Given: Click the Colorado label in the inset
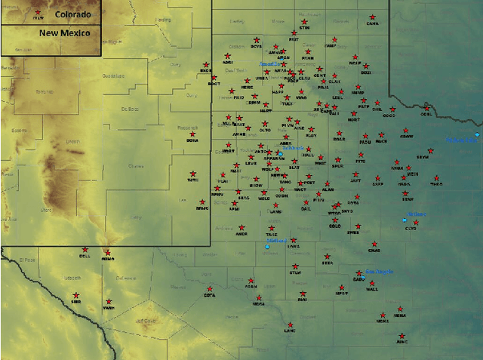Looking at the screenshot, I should point(72,14).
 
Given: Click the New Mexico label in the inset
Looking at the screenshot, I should point(66,33).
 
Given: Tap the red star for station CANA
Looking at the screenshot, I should point(373,17).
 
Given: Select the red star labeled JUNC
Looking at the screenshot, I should point(401,336).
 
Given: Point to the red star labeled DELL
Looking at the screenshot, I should point(85,250).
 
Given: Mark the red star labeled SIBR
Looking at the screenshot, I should point(76,295).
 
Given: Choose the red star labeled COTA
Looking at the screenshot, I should point(210,290).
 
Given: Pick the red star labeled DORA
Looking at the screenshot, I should point(192,134).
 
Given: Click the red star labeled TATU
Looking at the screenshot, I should point(193,174).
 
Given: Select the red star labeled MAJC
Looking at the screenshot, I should point(202,202).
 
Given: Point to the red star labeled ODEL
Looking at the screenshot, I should point(426,108).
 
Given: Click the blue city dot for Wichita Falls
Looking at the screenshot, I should point(477,134).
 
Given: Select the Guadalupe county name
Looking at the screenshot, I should point(112,76).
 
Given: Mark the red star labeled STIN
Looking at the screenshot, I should point(305,22).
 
